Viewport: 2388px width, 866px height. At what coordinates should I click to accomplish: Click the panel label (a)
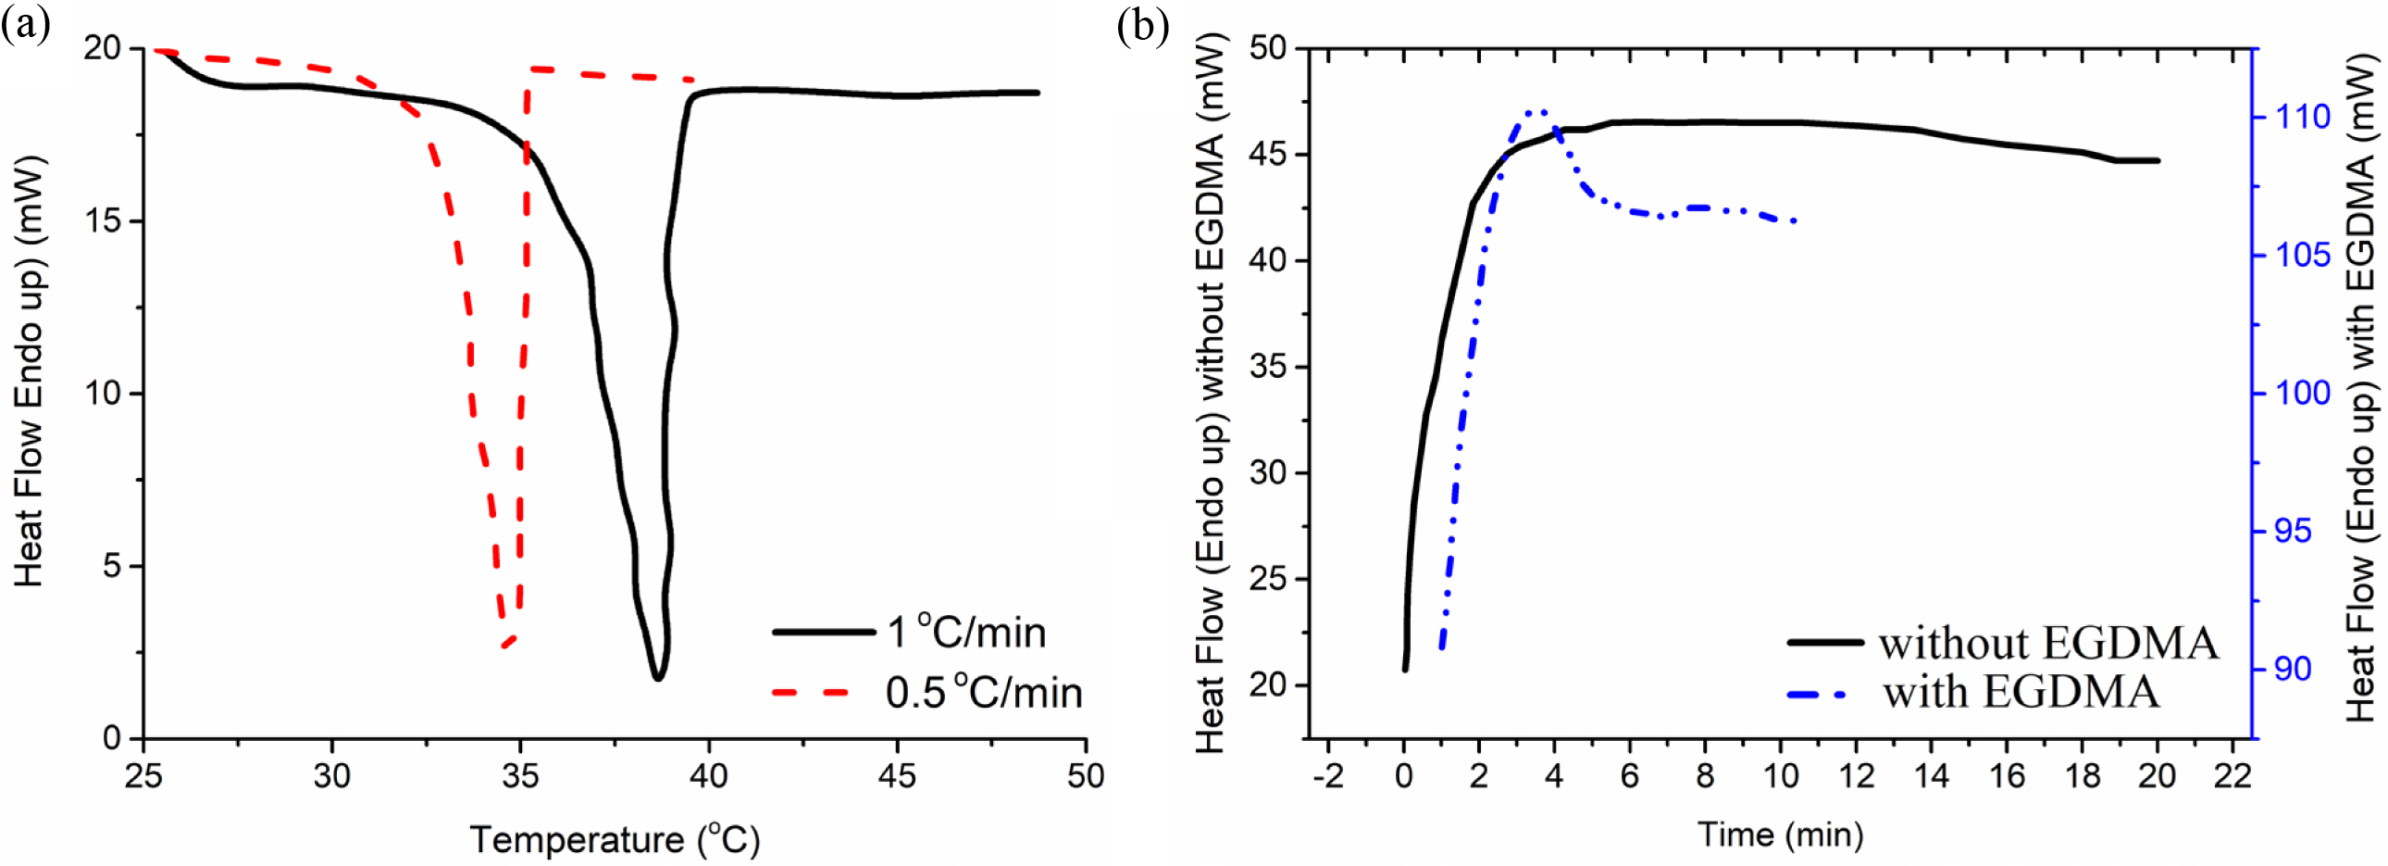coord(25,25)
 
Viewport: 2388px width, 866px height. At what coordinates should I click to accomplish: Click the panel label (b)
coord(1142,25)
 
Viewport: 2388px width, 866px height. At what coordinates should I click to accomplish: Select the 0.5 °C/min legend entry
coord(983,693)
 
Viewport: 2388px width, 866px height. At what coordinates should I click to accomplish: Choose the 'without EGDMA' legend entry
coord(2047,643)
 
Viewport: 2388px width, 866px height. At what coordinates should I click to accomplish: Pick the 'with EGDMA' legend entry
coord(2021,693)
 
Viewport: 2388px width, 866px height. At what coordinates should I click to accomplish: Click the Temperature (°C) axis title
coord(615,838)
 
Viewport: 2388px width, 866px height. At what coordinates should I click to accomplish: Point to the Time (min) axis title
coord(1780,835)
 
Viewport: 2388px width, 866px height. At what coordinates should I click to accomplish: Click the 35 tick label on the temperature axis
coord(520,775)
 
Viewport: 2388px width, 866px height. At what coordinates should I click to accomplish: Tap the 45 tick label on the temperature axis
coord(897,775)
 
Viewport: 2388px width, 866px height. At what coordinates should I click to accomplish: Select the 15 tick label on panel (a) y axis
coord(103,220)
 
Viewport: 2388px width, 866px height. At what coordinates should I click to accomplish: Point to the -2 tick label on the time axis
coord(1328,775)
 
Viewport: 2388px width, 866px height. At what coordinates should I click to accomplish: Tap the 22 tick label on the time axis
coord(2233,775)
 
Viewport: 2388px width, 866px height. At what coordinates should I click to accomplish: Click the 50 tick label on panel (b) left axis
coord(1268,47)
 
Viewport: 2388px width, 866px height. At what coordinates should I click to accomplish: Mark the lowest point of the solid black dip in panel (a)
coord(657,679)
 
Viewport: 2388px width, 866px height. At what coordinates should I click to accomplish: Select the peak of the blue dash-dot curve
coord(1536,112)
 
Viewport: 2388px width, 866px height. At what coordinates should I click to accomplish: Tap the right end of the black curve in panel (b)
coord(2158,160)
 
